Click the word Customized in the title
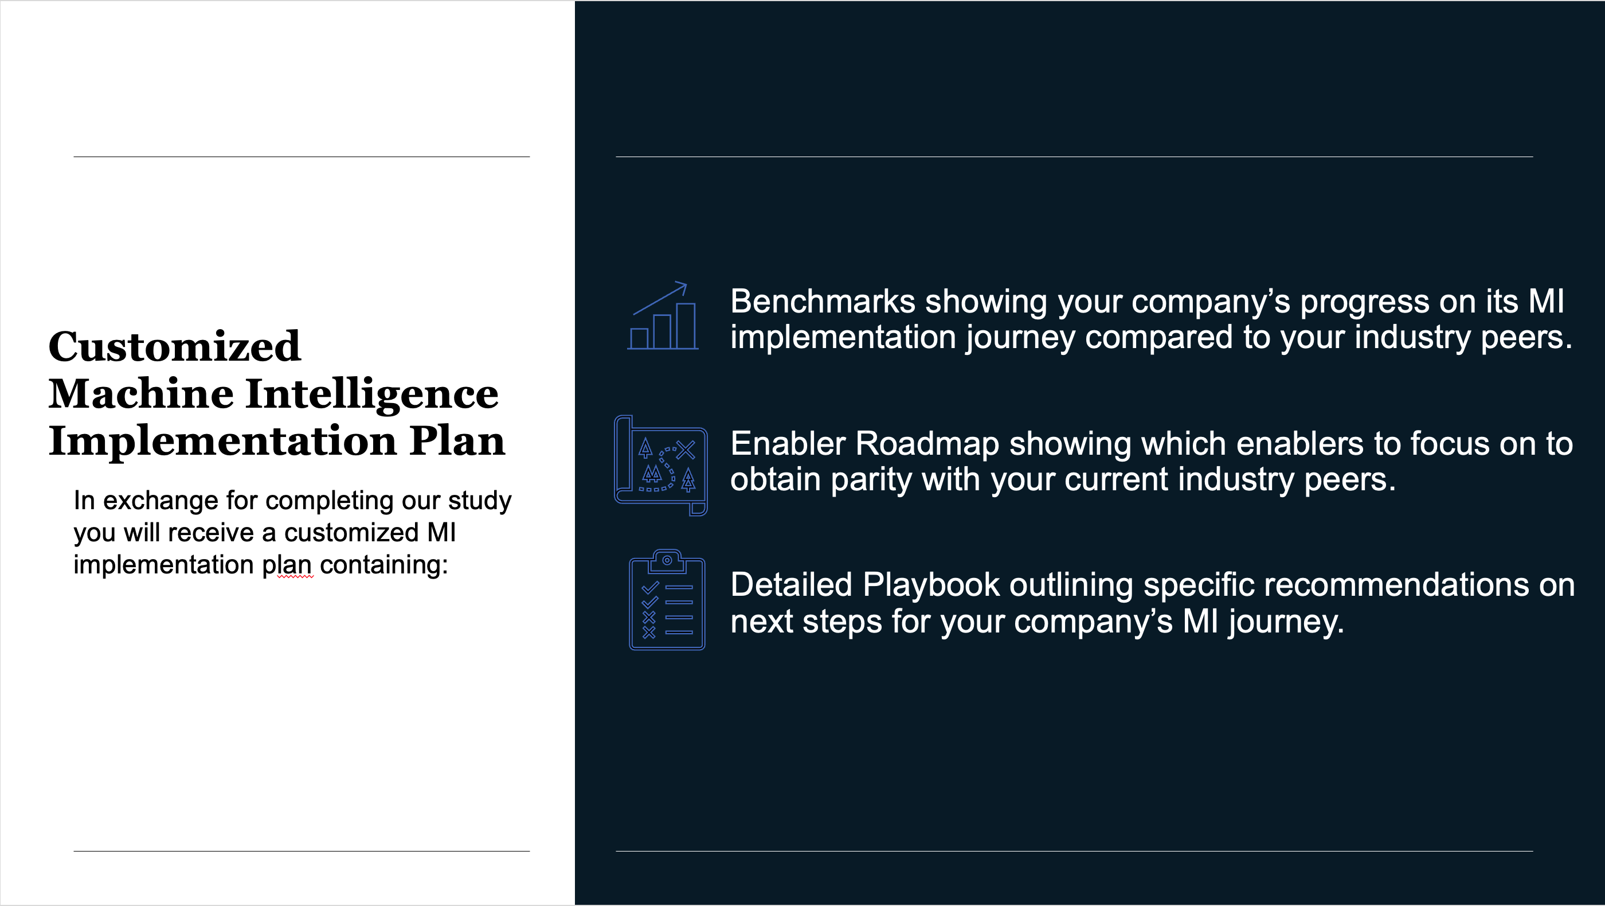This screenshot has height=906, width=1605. (x=174, y=346)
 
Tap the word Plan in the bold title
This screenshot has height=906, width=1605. (x=457, y=441)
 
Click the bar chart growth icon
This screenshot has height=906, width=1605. (x=663, y=316)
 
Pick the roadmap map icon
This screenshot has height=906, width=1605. (x=661, y=466)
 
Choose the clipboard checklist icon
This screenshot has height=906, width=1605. (x=667, y=600)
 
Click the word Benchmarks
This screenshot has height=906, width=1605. (x=823, y=302)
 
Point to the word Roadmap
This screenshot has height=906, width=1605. (x=927, y=444)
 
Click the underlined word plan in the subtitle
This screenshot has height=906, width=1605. (x=287, y=566)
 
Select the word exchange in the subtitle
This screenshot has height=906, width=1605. (x=160, y=501)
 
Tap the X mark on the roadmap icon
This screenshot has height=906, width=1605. (x=686, y=449)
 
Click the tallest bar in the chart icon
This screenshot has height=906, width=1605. (x=686, y=326)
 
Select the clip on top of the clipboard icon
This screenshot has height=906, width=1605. (x=667, y=560)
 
